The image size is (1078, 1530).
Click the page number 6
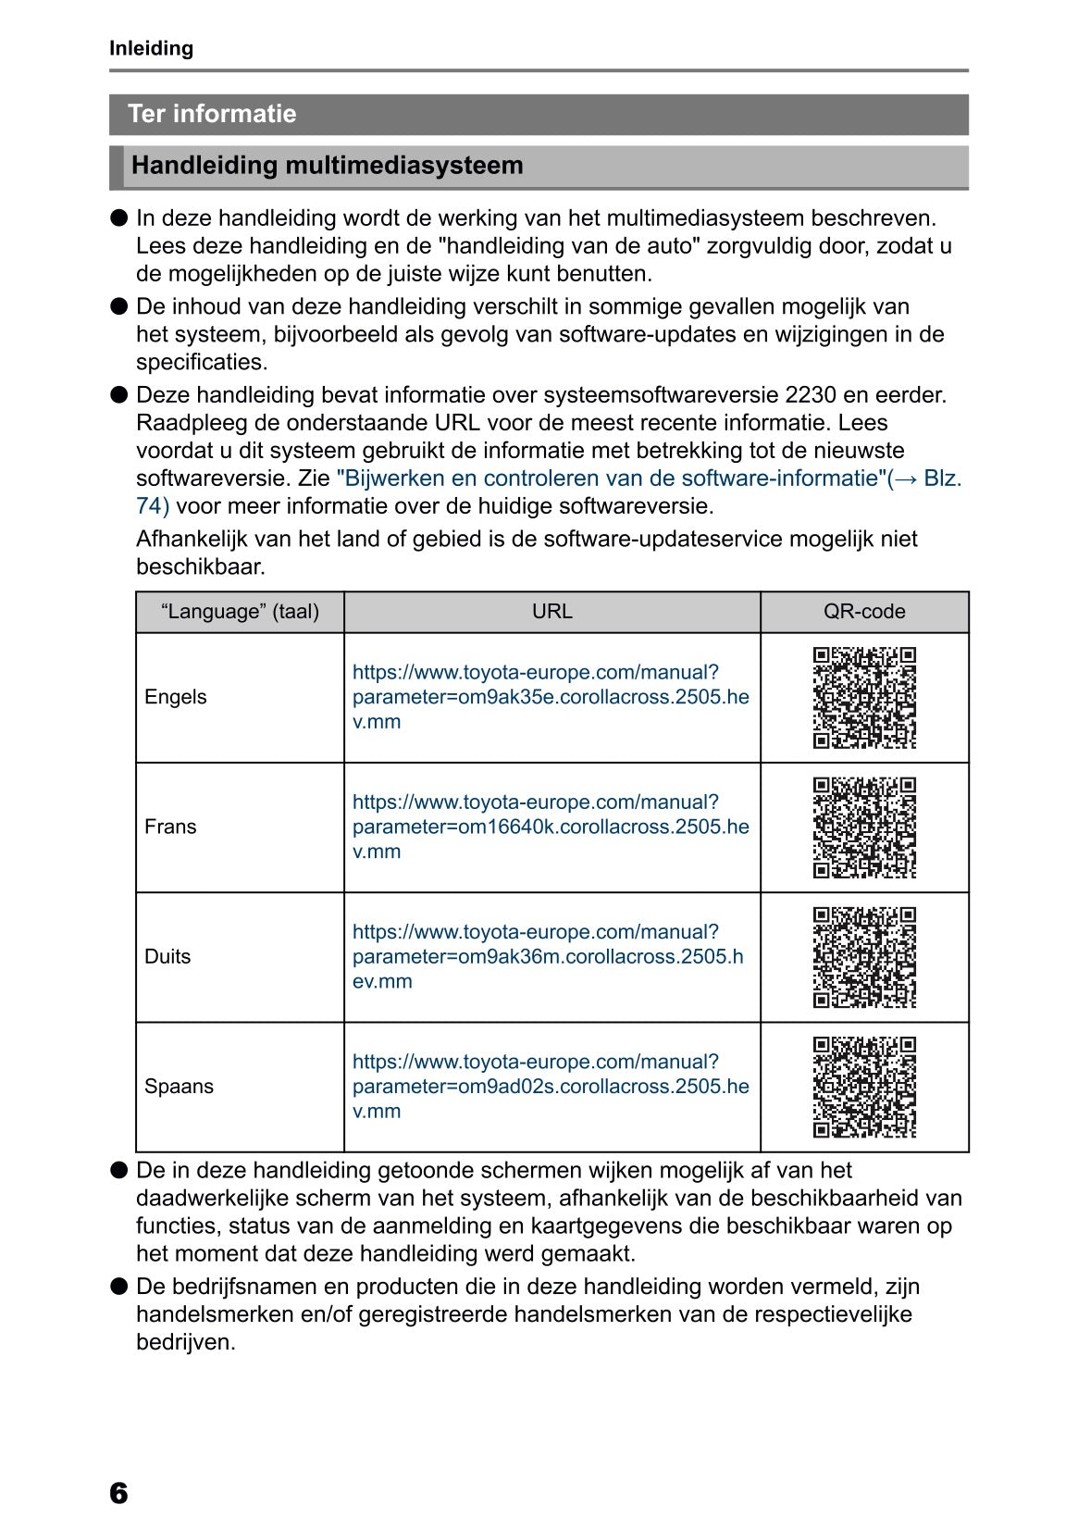(118, 1492)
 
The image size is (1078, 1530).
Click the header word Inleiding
(151, 48)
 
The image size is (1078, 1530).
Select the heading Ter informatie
(212, 114)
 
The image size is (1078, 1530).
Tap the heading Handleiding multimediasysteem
(327, 166)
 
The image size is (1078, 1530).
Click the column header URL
(551, 612)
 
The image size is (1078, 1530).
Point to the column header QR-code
(863, 612)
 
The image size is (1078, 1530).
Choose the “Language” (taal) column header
(240, 612)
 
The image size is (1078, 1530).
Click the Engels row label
(176, 697)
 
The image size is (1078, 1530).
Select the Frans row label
(170, 827)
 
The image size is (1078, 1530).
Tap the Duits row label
(167, 956)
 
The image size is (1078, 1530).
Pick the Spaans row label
(179, 1086)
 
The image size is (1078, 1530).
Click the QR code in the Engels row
(864, 698)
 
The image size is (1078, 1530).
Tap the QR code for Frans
(864, 827)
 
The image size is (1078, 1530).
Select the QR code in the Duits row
(864, 957)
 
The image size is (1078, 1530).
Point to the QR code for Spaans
(864, 1087)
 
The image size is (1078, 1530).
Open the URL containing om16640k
(551, 827)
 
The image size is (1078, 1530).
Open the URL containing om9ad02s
(551, 1086)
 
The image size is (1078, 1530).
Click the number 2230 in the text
(810, 395)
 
